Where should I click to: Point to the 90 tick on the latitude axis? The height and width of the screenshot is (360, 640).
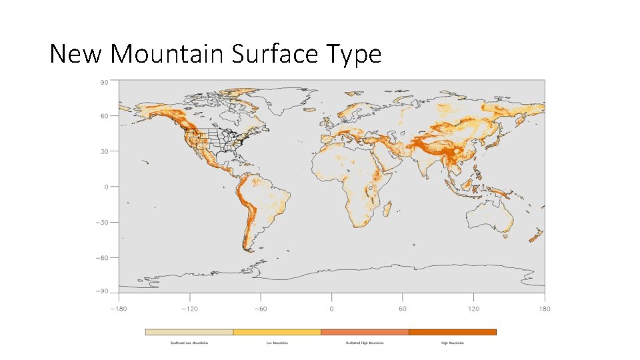click(104, 83)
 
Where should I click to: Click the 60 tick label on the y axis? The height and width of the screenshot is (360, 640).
click(104, 116)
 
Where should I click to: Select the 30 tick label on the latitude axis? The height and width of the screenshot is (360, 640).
click(104, 151)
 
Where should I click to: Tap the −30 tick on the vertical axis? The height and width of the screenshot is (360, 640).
click(103, 222)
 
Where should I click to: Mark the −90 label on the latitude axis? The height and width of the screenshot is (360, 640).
click(103, 291)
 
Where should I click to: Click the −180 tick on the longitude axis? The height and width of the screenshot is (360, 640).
click(118, 309)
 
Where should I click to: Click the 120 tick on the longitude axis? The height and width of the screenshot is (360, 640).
click(473, 309)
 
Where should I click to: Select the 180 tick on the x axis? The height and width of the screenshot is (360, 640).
click(545, 309)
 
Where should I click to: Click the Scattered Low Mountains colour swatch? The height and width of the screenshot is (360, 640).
click(189, 331)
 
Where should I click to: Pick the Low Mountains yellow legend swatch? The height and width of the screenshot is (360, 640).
click(277, 331)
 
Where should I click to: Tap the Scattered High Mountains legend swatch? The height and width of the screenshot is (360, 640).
click(365, 331)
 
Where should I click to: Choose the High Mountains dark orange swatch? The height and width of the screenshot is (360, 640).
click(453, 331)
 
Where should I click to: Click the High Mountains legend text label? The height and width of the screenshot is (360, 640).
click(453, 343)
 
